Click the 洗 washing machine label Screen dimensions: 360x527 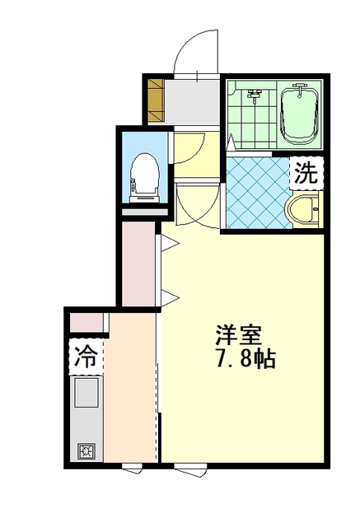click(x=306, y=173)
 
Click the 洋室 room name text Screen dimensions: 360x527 click(x=239, y=335)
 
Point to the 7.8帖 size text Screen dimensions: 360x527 click(x=246, y=360)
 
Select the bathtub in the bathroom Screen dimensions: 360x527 click(x=299, y=115)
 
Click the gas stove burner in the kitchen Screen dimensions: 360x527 click(x=86, y=450)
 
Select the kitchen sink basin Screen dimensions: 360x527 click(x=86, y=392)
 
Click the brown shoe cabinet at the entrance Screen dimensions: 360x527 click(x=156, y=100)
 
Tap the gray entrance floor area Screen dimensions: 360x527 click(x=192, y=101)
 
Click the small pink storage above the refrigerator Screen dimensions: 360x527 click(x=86, y=322)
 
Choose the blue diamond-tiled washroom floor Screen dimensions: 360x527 click(x=258, y=193)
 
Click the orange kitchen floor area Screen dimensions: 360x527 click(x=129, y=386)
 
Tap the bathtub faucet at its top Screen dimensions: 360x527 click(x=300, y=89)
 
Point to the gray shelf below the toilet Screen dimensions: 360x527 click(x=144, y=212)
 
